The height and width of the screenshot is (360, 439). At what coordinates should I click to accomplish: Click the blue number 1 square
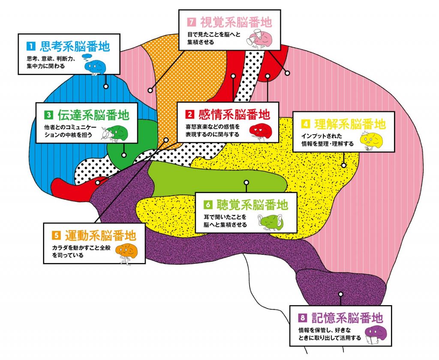[x=30, y=46]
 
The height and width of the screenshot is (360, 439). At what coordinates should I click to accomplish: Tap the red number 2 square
[x=189, y=114]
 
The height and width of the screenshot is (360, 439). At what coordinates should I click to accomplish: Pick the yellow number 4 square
[x=306, y=124]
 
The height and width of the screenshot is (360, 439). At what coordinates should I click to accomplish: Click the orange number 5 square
[x=56, y=235]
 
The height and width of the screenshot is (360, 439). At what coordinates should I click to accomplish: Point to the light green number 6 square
[x=208, y=205]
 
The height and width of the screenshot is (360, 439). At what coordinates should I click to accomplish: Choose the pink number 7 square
[x=192, y=22]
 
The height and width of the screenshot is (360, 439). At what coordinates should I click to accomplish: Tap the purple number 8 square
[x=302, y=318]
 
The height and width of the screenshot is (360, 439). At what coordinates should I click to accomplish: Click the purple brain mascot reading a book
[x=376, y=335]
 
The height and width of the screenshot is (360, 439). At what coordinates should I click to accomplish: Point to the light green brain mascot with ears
[x=270, y=222]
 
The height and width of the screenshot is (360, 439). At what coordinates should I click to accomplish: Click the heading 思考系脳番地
[x=75, y=46]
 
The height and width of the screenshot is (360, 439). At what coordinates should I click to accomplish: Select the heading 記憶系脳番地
[x=347, y=318]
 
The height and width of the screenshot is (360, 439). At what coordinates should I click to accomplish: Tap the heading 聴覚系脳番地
[x=252, y=205]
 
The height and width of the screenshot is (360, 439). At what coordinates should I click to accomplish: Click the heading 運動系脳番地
[x=100, y=236]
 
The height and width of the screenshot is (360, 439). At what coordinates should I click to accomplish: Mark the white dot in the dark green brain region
[x=124, y=155]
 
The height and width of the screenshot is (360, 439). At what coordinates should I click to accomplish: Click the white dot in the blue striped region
[x=106, y=86]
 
